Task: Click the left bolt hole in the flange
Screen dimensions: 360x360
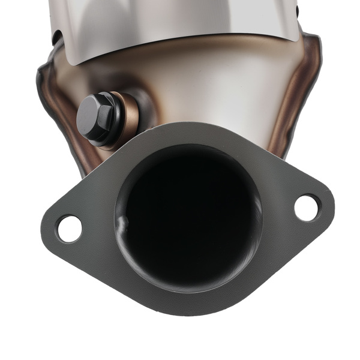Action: click(x=70, y=228)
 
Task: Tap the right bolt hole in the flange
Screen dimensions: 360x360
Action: click(x=307, y=207)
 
